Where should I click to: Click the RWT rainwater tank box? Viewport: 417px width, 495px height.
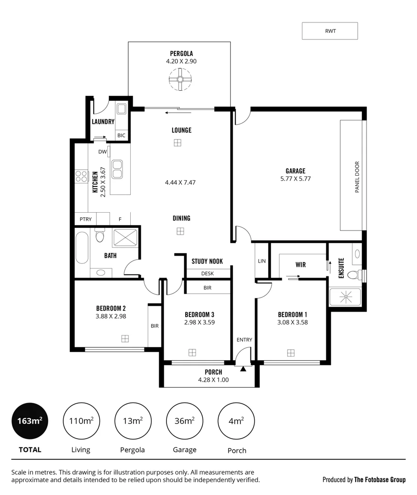coord(329,31)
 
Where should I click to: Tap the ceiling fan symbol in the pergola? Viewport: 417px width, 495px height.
coord(180,79)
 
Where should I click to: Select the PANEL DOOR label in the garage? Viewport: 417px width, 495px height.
coord(357,177)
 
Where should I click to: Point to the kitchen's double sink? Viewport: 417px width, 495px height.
coord(117,169)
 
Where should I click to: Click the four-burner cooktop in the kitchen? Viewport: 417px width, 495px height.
coord(82,176)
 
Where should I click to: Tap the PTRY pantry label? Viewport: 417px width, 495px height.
coord(85,219)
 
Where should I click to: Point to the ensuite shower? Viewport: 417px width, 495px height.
coord(345,297)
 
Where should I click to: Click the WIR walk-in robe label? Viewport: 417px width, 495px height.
coord(300,265)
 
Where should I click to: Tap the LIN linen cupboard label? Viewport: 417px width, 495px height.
coord(261,261)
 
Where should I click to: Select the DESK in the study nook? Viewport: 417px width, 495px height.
coord(207,274)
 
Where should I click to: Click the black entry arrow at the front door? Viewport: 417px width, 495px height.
coord(243,368)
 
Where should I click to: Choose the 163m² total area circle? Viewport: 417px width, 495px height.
coord(30,421)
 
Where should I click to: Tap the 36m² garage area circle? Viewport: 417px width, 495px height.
coord(184,421)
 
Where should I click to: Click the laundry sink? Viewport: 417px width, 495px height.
coord(122,109)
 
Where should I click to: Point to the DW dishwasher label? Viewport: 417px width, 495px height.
coord(102,152)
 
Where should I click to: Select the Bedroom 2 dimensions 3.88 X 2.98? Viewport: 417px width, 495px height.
coord(111,316)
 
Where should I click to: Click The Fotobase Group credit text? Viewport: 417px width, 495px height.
coord(379,480)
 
